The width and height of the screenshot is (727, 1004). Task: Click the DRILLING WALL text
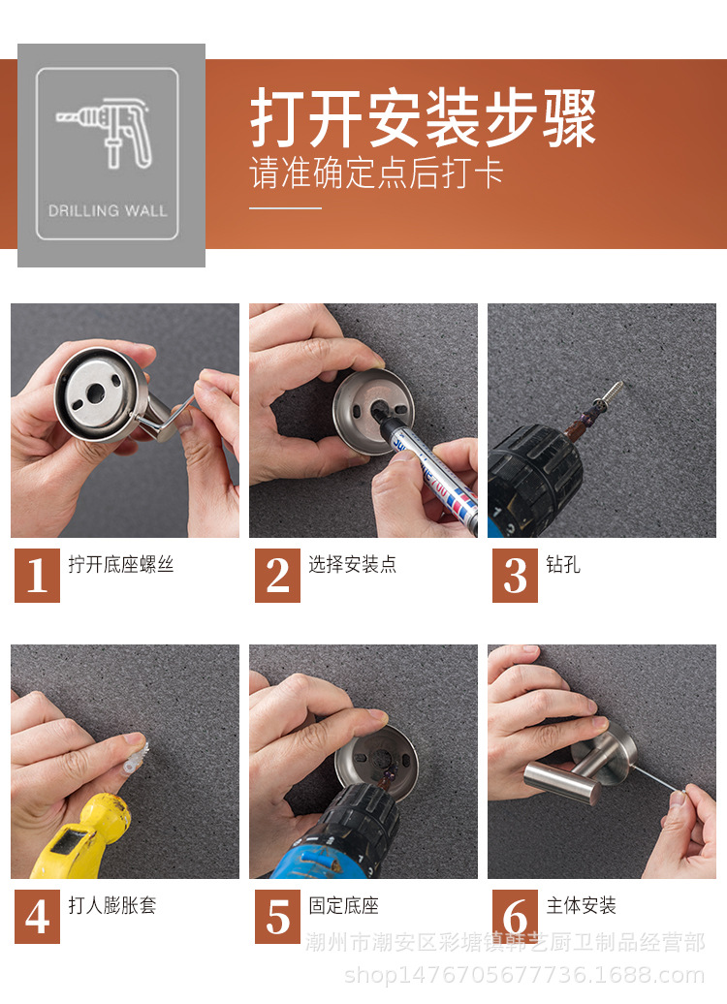[108, 210]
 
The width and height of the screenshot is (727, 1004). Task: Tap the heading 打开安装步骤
[423, 119]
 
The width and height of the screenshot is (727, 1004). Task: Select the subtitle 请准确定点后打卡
[377, 173]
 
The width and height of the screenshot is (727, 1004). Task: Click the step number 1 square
[37, 576]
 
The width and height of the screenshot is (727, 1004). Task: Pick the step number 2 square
[277, 576]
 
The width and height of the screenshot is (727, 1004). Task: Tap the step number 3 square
[515, 576]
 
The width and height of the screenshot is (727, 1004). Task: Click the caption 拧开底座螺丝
[121, 564]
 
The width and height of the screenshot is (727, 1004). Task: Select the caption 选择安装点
[353, 564]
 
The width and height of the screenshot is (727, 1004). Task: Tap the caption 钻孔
[563, 564]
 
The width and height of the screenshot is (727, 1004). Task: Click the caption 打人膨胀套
[112, 906]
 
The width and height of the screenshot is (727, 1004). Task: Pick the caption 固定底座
[344, 906]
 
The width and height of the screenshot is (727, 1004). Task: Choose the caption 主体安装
[582, 906]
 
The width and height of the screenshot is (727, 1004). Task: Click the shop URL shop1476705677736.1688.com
[524, 975]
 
